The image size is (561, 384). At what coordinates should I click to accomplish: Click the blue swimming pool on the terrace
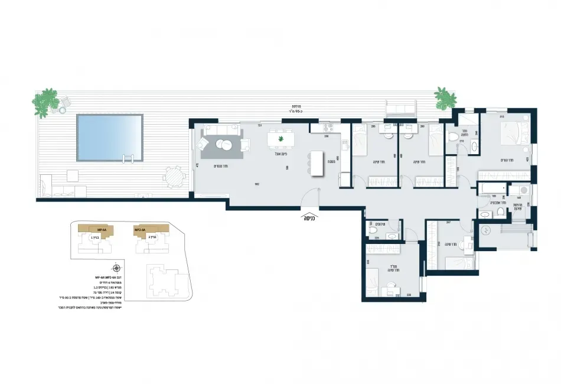(x=109, y=138)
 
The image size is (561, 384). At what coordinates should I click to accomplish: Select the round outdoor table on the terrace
(x=173, y=176)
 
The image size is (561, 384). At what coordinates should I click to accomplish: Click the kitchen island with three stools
(x=317, y=163)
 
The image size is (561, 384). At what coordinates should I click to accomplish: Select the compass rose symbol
(x=117, y=268)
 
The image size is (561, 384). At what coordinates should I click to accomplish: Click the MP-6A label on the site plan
(x=101, y=229)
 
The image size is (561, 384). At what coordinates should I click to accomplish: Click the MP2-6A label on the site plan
(x=141, y=229)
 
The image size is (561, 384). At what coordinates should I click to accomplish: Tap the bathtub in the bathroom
(x=489, y=188)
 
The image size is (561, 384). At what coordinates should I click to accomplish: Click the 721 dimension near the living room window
(x=259, y=125)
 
